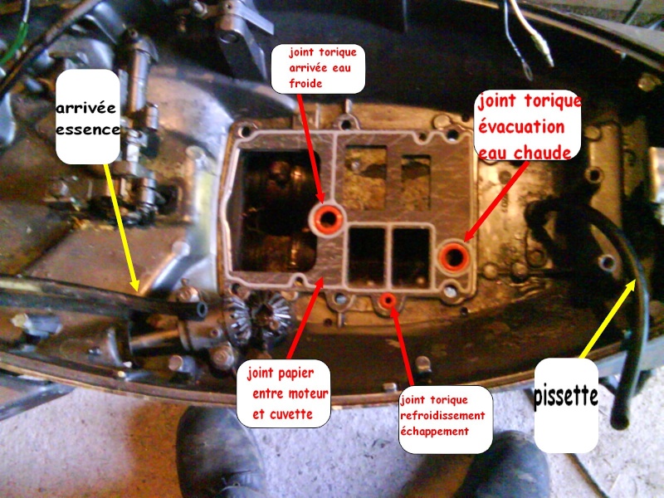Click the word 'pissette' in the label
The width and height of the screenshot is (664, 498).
point(566,397)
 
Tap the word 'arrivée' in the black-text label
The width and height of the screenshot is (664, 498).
point(86,108)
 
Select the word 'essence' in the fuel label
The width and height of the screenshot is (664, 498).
point(88,129)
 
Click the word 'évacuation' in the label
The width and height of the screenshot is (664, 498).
point(521,126)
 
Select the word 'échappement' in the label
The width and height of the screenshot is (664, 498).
point(434,432)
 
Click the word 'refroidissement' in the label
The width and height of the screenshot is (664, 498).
point(442,416)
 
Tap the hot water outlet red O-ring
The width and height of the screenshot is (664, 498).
point(453,256)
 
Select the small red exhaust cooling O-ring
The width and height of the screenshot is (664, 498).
point(388,300)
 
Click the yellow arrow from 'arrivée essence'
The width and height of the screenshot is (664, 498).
point(121,227)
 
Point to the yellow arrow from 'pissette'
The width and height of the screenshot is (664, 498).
point(608,320)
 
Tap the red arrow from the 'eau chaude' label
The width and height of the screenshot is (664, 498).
point(496,202)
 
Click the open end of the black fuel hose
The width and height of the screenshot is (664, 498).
point(200,310)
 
